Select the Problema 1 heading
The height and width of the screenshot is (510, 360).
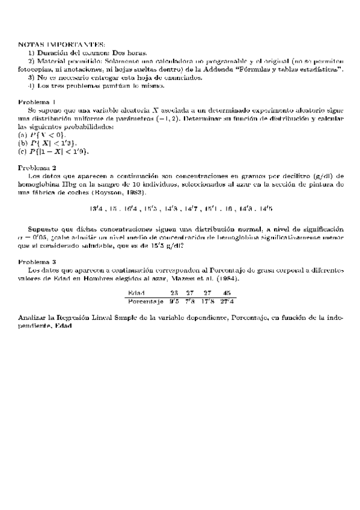tap(38, 101)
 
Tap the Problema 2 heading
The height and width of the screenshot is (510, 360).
tap(38, 167)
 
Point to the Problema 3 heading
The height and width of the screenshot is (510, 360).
tap(38, 262)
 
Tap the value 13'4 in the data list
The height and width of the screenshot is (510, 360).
tap(96, 208)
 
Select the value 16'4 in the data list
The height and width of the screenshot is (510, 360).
tap(132, 208)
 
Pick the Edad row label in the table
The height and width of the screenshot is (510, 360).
tap(136, 293)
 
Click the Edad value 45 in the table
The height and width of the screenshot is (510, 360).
tap(227, 293)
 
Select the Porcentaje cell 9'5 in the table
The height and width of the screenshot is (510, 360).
tap(174, 300)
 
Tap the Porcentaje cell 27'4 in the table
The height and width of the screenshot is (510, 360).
tap(227, 300)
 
